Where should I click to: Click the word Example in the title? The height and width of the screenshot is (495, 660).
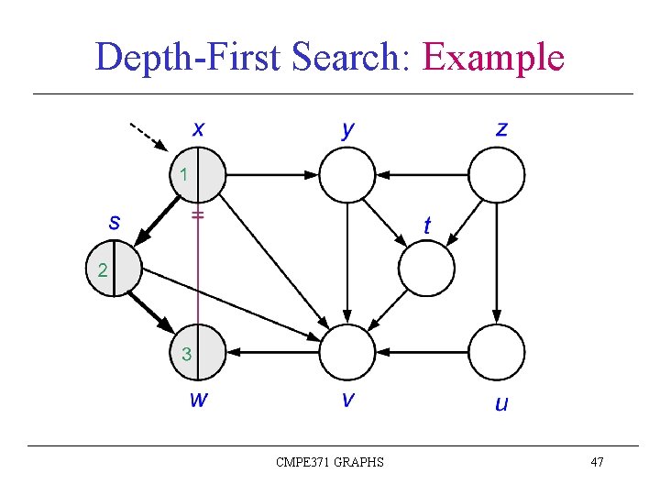493,58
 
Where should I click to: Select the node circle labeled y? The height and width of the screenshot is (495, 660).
347,174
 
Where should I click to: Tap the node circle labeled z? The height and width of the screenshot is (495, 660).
497,174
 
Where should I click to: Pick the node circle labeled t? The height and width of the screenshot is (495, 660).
426,269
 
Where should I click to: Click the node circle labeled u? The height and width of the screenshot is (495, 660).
497,352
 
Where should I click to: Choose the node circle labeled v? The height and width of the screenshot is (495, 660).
347,352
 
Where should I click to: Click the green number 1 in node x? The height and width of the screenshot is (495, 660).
184,173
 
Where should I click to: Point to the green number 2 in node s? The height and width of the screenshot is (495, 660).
102,270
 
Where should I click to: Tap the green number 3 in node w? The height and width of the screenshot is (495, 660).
186,354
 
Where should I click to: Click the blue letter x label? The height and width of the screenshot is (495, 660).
198,128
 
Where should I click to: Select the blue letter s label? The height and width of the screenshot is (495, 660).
115,222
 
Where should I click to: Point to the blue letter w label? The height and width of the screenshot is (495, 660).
198,399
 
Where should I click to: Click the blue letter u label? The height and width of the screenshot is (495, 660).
501,402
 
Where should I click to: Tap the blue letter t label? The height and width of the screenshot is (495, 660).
427,224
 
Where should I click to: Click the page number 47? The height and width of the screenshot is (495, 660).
597,462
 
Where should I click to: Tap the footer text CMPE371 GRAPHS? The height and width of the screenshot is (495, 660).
330,462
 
